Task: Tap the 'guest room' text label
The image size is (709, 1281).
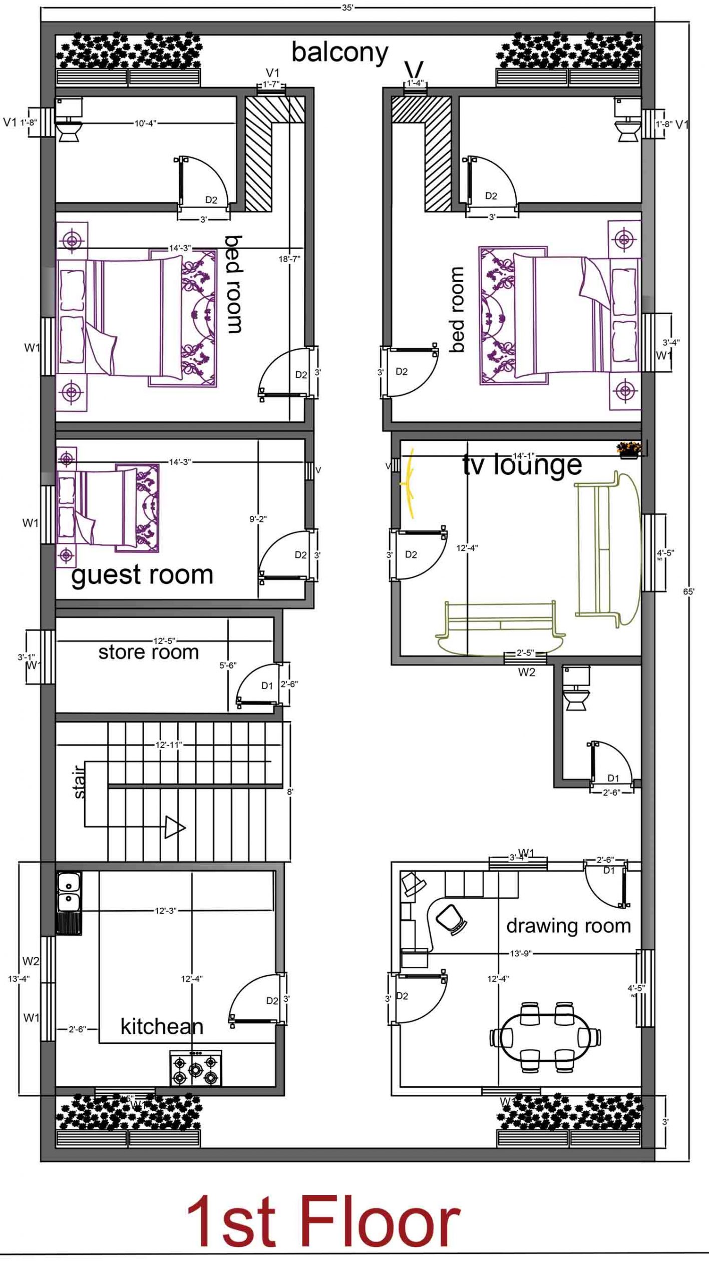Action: [x=142, y=575]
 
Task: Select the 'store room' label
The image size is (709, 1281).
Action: [x=148, y=652]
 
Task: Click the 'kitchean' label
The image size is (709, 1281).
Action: [x=162, y=1027]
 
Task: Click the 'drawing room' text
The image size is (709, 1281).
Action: [x=568, y=926]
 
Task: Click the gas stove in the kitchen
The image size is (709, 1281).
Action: [x=196, y=1068]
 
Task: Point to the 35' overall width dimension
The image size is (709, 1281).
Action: [x=347, y=9]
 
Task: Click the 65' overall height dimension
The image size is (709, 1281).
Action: [x=688, y=591]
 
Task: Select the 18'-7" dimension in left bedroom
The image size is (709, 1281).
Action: [x=289, y=259]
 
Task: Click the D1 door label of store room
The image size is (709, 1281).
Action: [x=267, y=686]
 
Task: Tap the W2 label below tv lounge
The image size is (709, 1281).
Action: [x=526, y=673]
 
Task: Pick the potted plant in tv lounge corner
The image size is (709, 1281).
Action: [x=628, y=449]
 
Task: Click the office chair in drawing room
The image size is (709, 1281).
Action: [x=451, y=919]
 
